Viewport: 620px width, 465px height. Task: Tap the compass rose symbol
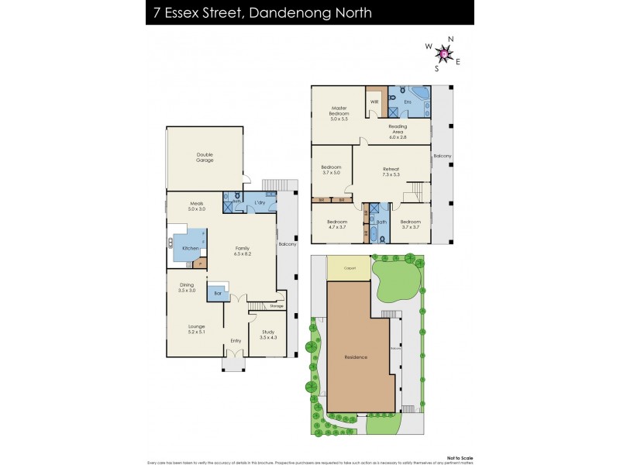(x=444, y=53)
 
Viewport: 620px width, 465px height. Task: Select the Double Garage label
(x=205, y=157)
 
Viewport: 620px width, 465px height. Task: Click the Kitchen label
(x=189, y=248)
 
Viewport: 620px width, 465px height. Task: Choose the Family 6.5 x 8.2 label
(x=243, y=251)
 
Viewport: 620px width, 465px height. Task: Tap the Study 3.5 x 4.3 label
(x=268, y=336)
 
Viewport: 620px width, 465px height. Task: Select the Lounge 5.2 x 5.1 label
(x=196, y=329)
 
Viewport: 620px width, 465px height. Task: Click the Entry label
(x=236, y=340)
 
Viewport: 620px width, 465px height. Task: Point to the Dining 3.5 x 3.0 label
(x=187, y=288)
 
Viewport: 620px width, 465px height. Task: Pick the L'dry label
(x=260, y=203)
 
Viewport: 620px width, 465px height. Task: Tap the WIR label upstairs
(x=374, y=102)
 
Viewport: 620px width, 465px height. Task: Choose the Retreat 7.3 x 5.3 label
(x=391, y=172)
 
